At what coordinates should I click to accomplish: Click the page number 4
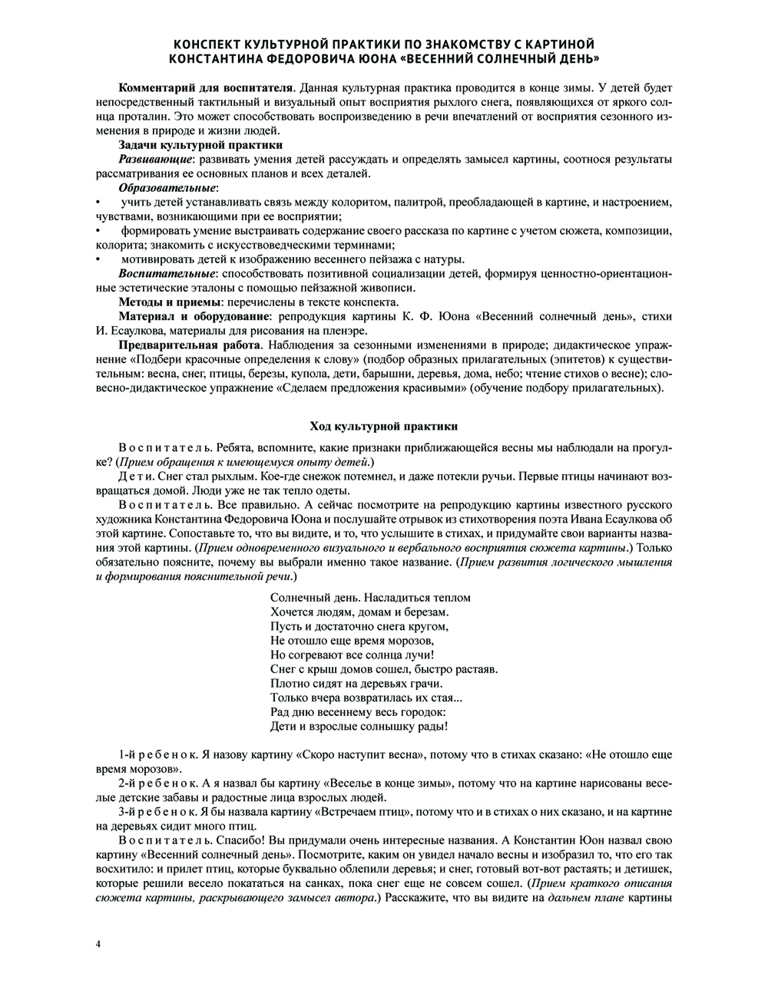[99, 943]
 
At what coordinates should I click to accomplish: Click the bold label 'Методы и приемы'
[164, 303]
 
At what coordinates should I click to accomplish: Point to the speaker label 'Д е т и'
[135, 477]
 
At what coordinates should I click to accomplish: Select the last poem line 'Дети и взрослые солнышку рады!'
[359, 726]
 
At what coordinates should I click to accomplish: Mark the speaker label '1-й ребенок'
[153, 754]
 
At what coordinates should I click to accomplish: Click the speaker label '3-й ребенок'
[153, 812]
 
